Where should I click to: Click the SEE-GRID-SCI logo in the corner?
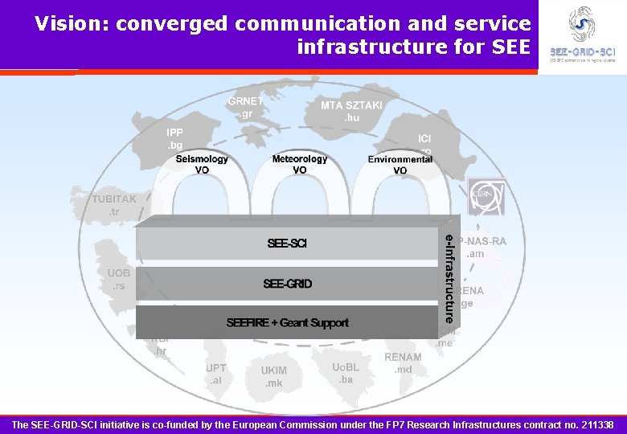[582, 35]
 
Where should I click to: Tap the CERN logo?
[486, 197]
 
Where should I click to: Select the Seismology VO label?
[202, 164]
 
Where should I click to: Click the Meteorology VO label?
[299, 164]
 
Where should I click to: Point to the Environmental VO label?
[400, 164]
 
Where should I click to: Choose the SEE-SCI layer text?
[287, 244]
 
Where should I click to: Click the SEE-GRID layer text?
[287, 284]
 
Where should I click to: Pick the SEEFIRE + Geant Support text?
[287, 323]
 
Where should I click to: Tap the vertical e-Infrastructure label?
[449, 276]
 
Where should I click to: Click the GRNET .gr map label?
[245, 108]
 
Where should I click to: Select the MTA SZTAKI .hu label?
[351, 112]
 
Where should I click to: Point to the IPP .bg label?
[174, 138]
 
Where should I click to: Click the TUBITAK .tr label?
[113, 205]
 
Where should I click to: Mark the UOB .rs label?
[119, 279]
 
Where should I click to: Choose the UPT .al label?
[215, 374]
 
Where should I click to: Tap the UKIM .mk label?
[273, 377]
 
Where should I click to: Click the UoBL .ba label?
[346, 373]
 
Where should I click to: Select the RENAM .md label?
[403, 363]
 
